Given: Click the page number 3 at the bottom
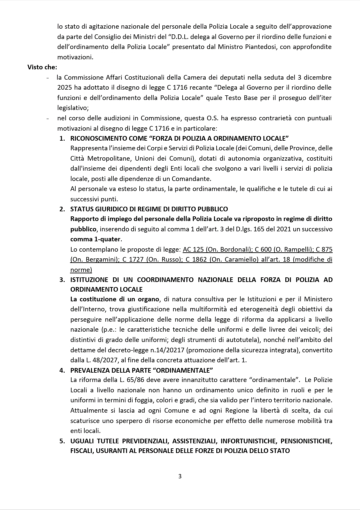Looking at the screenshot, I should coord(180,476).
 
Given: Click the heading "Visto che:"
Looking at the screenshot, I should coord(42,67).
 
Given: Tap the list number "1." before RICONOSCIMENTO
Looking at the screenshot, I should coord(62,138).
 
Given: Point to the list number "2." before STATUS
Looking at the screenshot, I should coord(62,209).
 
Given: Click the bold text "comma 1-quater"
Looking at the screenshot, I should coord(96,239).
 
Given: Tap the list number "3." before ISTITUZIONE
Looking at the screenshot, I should coord(62,280).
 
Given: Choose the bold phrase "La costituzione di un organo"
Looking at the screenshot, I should coord(115,299).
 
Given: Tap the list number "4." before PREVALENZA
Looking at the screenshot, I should coord(62,370).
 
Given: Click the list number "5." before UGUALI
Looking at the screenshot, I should coord(62,441).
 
